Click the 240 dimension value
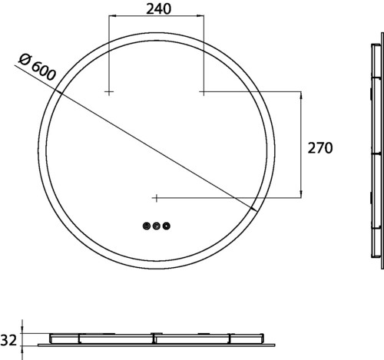(x=158, y=9)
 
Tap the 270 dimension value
(x=320, y=148)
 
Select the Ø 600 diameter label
(x=37, y=68)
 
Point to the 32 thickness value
(x=8, y=340)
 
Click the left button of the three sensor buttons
(x=147, y=226)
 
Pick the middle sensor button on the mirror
(x=156, y=226)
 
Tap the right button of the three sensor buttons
(x=167, y=226)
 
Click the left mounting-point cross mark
(x=109, y=91)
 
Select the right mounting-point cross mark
(x=204, y=91)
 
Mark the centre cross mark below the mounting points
(x=156, y=198)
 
